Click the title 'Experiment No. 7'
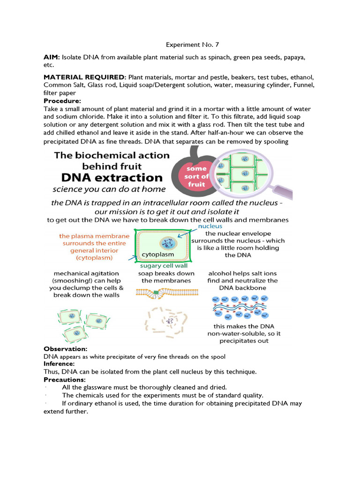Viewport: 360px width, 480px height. pyautogui.click(x=192, y=45)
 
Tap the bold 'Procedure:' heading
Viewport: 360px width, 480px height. pyautogui.click(x=62, y=101)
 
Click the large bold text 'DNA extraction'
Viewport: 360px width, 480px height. pyautogui.click(x=109, y=178)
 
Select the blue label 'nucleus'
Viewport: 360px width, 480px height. pyautogui.click(x=210, y=226)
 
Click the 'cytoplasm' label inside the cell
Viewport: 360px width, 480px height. pyautogui.click(x=157, y=255)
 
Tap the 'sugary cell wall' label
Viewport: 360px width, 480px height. pyautogui.click(x=161, y=266)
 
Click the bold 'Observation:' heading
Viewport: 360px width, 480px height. pyautogui.click(x=66, y=349)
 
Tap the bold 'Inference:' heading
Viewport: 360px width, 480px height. pyautogui.click(x=59, y=364)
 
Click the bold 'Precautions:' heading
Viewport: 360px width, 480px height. pyautogui.click(x=65, y=379)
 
